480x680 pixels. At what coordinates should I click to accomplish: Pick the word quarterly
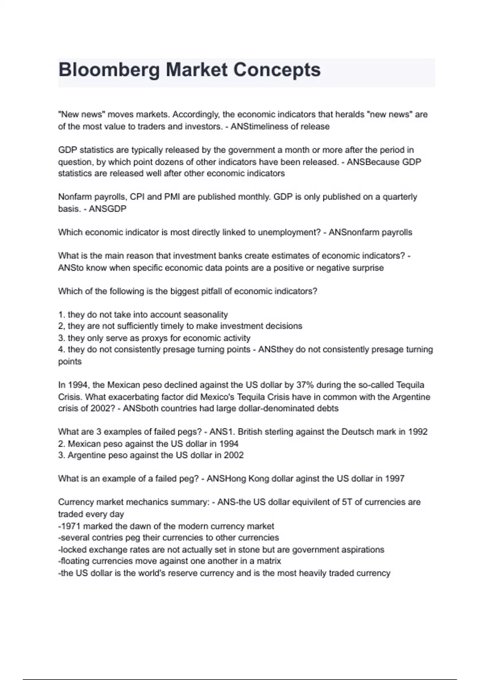coord(400,197)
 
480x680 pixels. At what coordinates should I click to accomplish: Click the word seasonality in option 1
coord(205,315)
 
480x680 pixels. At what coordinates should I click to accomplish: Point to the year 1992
coord(418,432)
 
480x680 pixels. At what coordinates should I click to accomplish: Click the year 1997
coord(394,479)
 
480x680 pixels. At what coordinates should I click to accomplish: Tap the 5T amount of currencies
coord(347,502)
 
